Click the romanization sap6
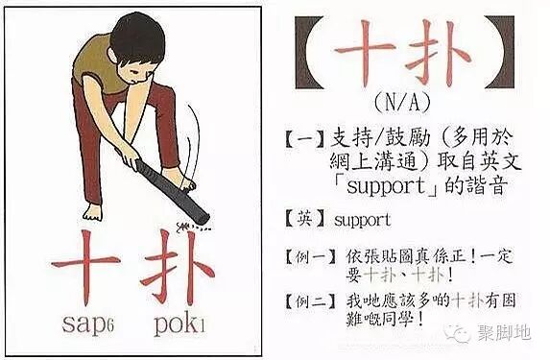[x=87, y=324]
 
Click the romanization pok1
[x=179, y=325]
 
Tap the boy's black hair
[x=137, y=36]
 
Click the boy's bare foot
[x=93, y=212]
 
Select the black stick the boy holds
[x=173, y=191]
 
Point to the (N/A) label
[x=402, y=103]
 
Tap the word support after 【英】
[x=362, y=221]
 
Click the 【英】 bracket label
[x=305, y=220]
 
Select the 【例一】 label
[x=310, y=257]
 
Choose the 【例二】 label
[x=310, y=301]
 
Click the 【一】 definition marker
[x=305, y=139]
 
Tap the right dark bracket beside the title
[x=499, y=52]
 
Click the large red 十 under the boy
[x=85, y=268]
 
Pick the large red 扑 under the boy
[x=178, y=268]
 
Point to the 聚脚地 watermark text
[x=504, y=332]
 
